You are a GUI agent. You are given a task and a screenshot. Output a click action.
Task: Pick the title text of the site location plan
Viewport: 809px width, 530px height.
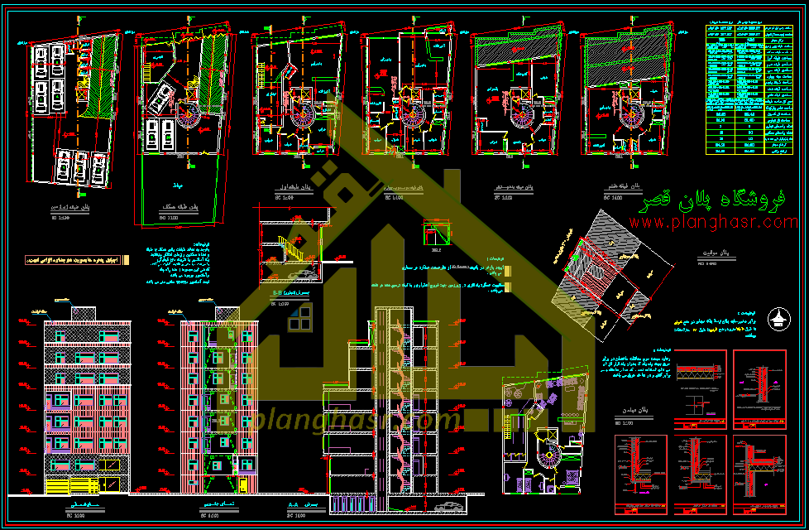point(704,257)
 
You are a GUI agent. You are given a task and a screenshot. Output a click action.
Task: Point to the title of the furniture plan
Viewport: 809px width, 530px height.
point(633,412)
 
